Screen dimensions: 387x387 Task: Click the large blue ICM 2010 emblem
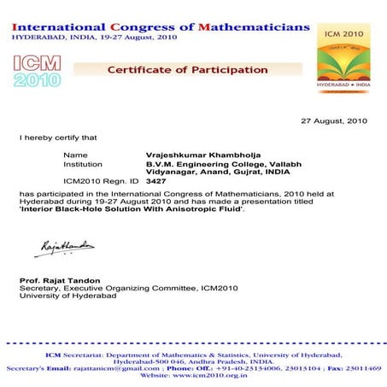click(38, 71)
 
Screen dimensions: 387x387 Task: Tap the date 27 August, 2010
click(334, 121)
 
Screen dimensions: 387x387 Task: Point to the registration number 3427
click(156, 181)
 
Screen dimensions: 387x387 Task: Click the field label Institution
click(83, 163)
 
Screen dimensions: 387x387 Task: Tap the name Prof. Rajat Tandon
click(59, 280)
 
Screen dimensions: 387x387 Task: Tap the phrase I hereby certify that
click(58, 137)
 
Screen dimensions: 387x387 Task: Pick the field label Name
click(75, 155)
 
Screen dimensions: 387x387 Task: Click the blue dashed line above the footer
click(193, 344)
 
